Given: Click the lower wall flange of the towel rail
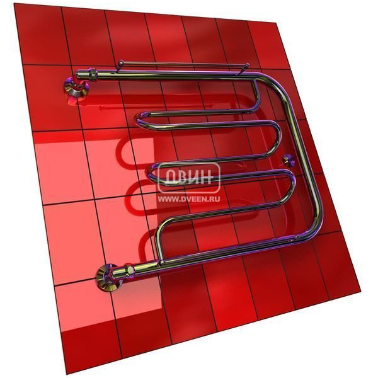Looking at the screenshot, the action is [x=106, y=277].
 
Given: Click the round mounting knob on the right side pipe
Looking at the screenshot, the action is [x=289, y=159].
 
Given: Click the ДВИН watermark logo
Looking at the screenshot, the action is [x=189, y=178].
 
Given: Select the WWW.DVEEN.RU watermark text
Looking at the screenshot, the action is [x=189, y=199].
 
